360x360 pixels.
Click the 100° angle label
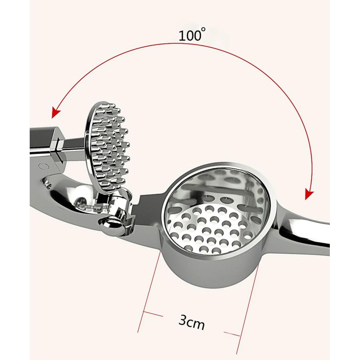pyautogui.click(x=192, y=36)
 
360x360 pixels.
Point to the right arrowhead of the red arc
pyautogui.click(x=308, y=193)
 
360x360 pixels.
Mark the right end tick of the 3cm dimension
pyautogui.click(x=238, y=334)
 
